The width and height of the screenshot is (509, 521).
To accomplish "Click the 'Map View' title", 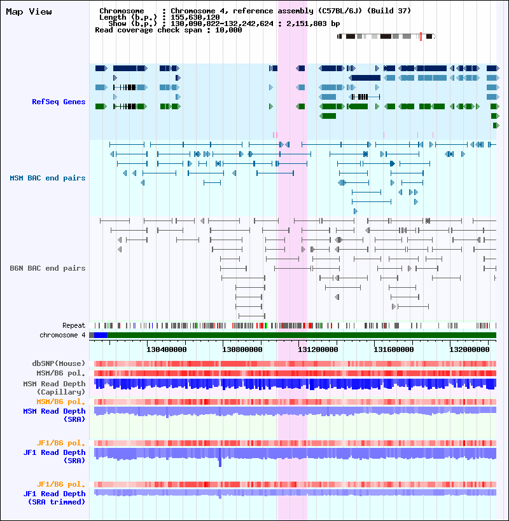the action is click(29, 11).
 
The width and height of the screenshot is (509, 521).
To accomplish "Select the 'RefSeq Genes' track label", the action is click(59, 102).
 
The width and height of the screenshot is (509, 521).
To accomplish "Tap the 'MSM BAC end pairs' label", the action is click(48, 178).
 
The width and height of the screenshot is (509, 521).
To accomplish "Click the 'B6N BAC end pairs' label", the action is click(48, 268).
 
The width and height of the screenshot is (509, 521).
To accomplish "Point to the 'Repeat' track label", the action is click(74, 325).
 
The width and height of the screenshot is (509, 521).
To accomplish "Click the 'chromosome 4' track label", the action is click(62, 335).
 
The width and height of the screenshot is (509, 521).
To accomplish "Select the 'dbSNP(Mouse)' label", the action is click(59, 363).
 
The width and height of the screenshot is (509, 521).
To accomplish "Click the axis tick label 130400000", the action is click(167, 349).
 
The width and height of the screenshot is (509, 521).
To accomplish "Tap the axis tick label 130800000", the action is click(242, 349).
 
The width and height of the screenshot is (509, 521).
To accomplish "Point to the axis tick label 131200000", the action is click(318, 349).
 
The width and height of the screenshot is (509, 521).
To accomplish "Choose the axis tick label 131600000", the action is click(394, 349).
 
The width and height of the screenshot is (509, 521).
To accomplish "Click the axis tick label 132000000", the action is click(470, 349).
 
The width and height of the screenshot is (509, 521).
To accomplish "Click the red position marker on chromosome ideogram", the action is click(421, 37).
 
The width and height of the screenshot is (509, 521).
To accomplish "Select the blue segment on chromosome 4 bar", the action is click(101, 335).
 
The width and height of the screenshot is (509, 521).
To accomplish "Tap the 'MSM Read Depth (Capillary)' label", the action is click(54, 388).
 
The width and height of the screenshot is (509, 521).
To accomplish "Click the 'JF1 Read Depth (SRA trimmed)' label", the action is click(54, 497).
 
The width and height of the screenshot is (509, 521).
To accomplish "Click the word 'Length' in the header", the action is click(113, 17).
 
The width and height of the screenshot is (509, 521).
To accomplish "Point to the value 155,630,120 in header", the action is click(195, 17).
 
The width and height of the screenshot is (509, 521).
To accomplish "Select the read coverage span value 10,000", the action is click(228, 30).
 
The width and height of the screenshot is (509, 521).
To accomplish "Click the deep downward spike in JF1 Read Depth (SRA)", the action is click(220, 463).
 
